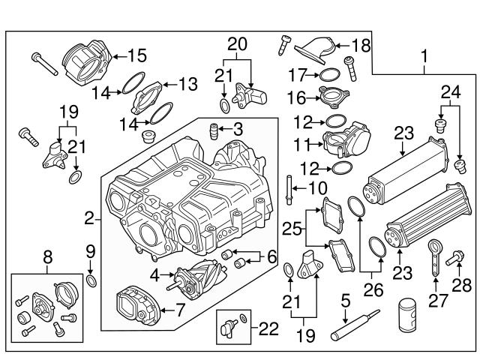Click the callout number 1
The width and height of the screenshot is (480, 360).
(x=425, y=55)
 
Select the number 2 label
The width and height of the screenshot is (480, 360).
(x=88, y=219)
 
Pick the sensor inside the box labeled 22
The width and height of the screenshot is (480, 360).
(x=229, y=328)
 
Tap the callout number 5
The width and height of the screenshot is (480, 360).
(x=345, y=302)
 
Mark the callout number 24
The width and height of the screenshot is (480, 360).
(x=450, y=93)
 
